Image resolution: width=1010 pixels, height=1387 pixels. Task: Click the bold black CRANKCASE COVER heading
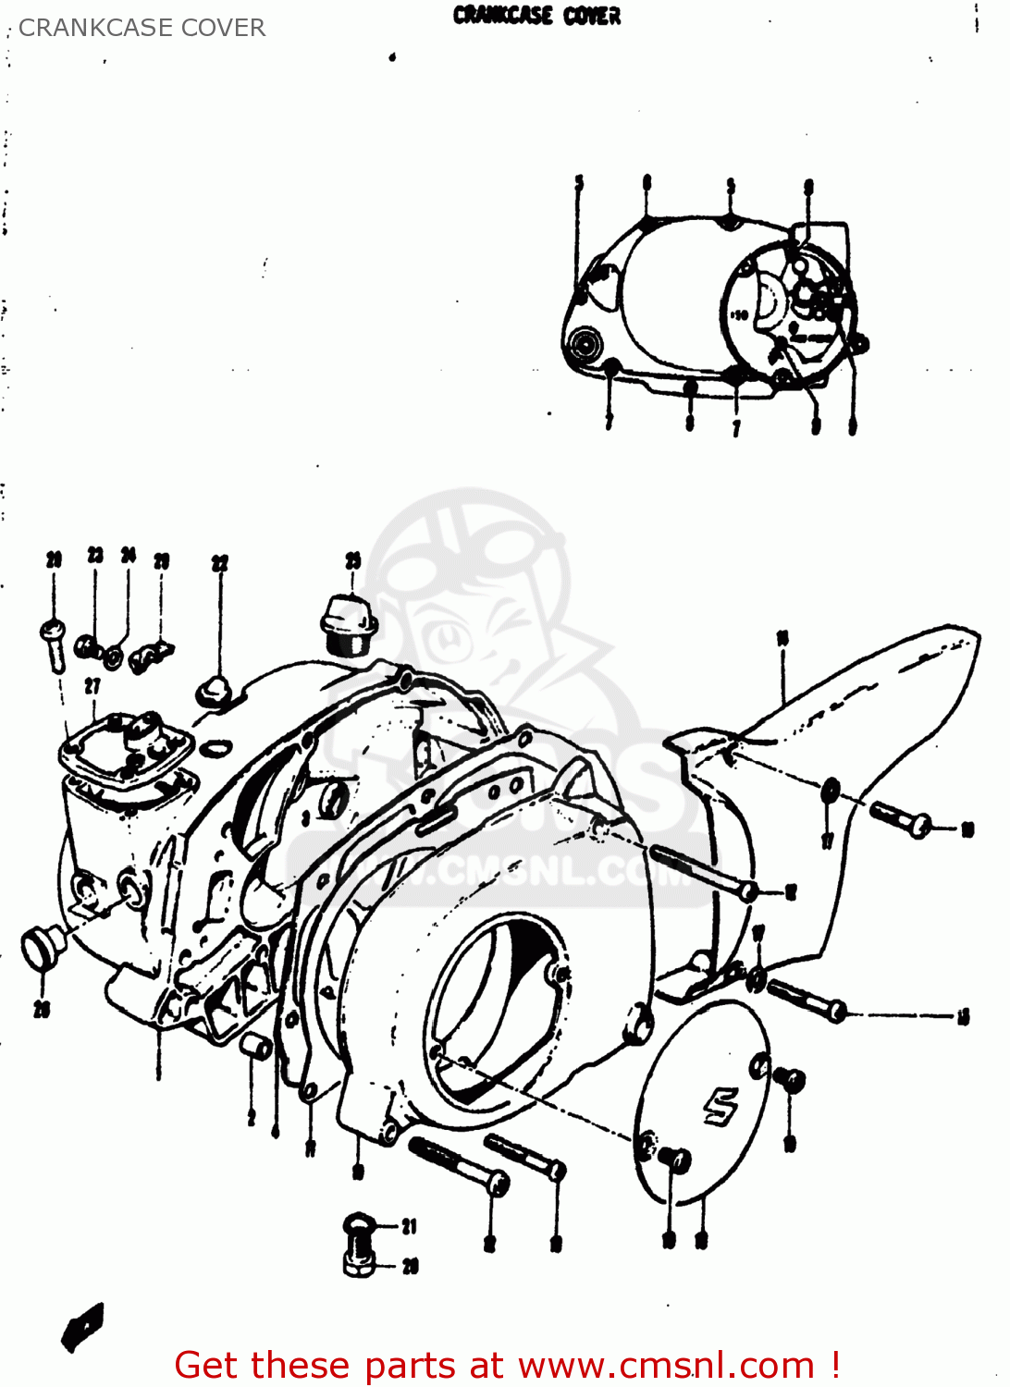coord(536,16)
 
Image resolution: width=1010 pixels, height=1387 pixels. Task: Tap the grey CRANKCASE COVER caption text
coord(142,28)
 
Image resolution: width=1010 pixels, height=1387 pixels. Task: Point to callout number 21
coord(409,1226)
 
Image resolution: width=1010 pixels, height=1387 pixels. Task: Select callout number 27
coord(92,685)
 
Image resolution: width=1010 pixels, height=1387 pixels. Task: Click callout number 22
coord(219,563)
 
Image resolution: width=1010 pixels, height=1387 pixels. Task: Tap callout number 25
coord(353,559)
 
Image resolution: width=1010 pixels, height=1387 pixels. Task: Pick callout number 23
coord(95,555)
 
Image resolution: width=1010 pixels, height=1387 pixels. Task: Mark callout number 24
coord(129,555)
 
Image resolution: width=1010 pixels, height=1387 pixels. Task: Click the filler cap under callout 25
coord(347,625)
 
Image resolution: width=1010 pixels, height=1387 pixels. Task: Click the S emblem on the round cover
coord(721,1106)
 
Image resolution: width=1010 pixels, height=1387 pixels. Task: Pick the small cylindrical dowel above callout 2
coord(256,1047)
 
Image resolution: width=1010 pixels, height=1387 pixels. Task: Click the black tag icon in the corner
coord(82,1327)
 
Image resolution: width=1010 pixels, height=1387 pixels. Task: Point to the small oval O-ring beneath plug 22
coord(216,746)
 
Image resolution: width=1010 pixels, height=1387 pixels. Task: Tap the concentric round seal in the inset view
coord(586,346)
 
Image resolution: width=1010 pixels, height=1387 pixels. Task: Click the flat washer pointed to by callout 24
coord(113,657)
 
